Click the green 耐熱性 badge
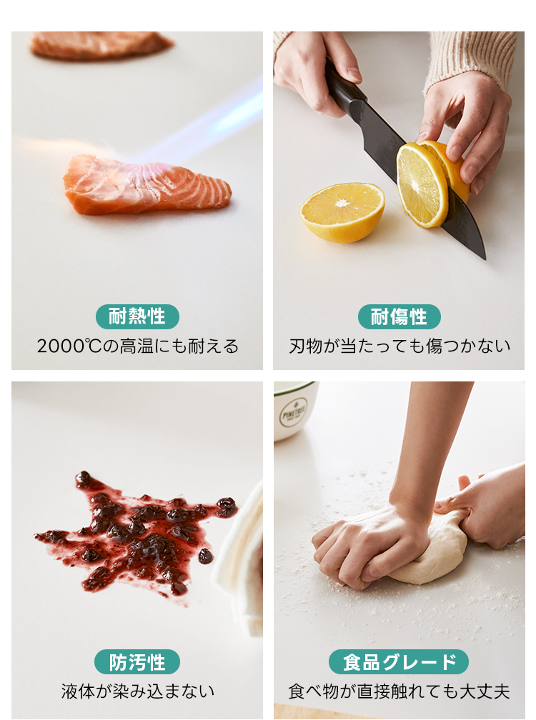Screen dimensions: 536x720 coord(137,316)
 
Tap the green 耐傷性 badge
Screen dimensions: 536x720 coord(399,316)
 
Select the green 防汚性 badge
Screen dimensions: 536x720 coord(137,661)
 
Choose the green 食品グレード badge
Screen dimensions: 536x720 coord(399,661)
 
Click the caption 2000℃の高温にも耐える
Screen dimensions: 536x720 coord(138,346)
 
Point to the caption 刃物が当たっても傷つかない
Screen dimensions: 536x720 coord(399,346)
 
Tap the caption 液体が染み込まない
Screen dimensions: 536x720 coord(138,691)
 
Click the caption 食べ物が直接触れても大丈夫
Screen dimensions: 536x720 coord(399,691)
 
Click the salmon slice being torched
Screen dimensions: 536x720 coord(147,185)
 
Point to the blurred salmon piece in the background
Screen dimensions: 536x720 coord(100,46)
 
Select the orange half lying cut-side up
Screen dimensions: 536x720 coord(342,212)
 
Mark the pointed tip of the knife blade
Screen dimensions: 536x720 coord(485,259)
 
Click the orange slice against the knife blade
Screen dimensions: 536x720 coord(422,184)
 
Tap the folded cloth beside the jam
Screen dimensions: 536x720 coord(241,560)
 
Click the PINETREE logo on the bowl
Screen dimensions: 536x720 coord(294,413)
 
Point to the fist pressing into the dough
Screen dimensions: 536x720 coord(367,546)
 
